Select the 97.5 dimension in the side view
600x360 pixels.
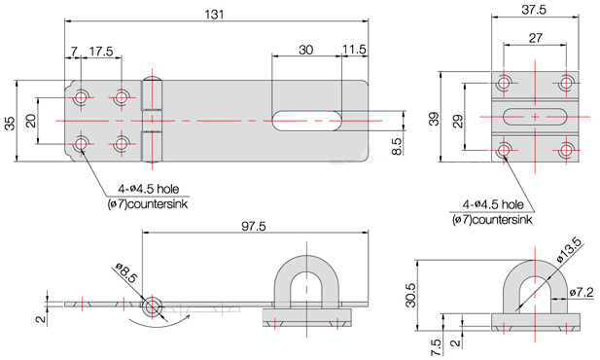pyautogui.click(x=254, y=225)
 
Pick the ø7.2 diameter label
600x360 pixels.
pyautogui.click(x=582, y=292)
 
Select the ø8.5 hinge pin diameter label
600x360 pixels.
pyautogui.click(x=125, y=274)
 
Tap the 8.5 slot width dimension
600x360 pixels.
pyautogui.click(x=397, y=146)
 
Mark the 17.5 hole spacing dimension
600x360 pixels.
pyautogui.click(x=100, y=50)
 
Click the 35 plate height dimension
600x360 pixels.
pyautogui.click(x=10, y=122)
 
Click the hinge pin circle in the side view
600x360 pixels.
pyautogui.click(x=151, y=306)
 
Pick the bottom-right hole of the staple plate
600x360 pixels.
pyautogui.click(x=566, y=150)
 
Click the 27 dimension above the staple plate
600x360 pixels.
pyautogui.click(x=536, y=38)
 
